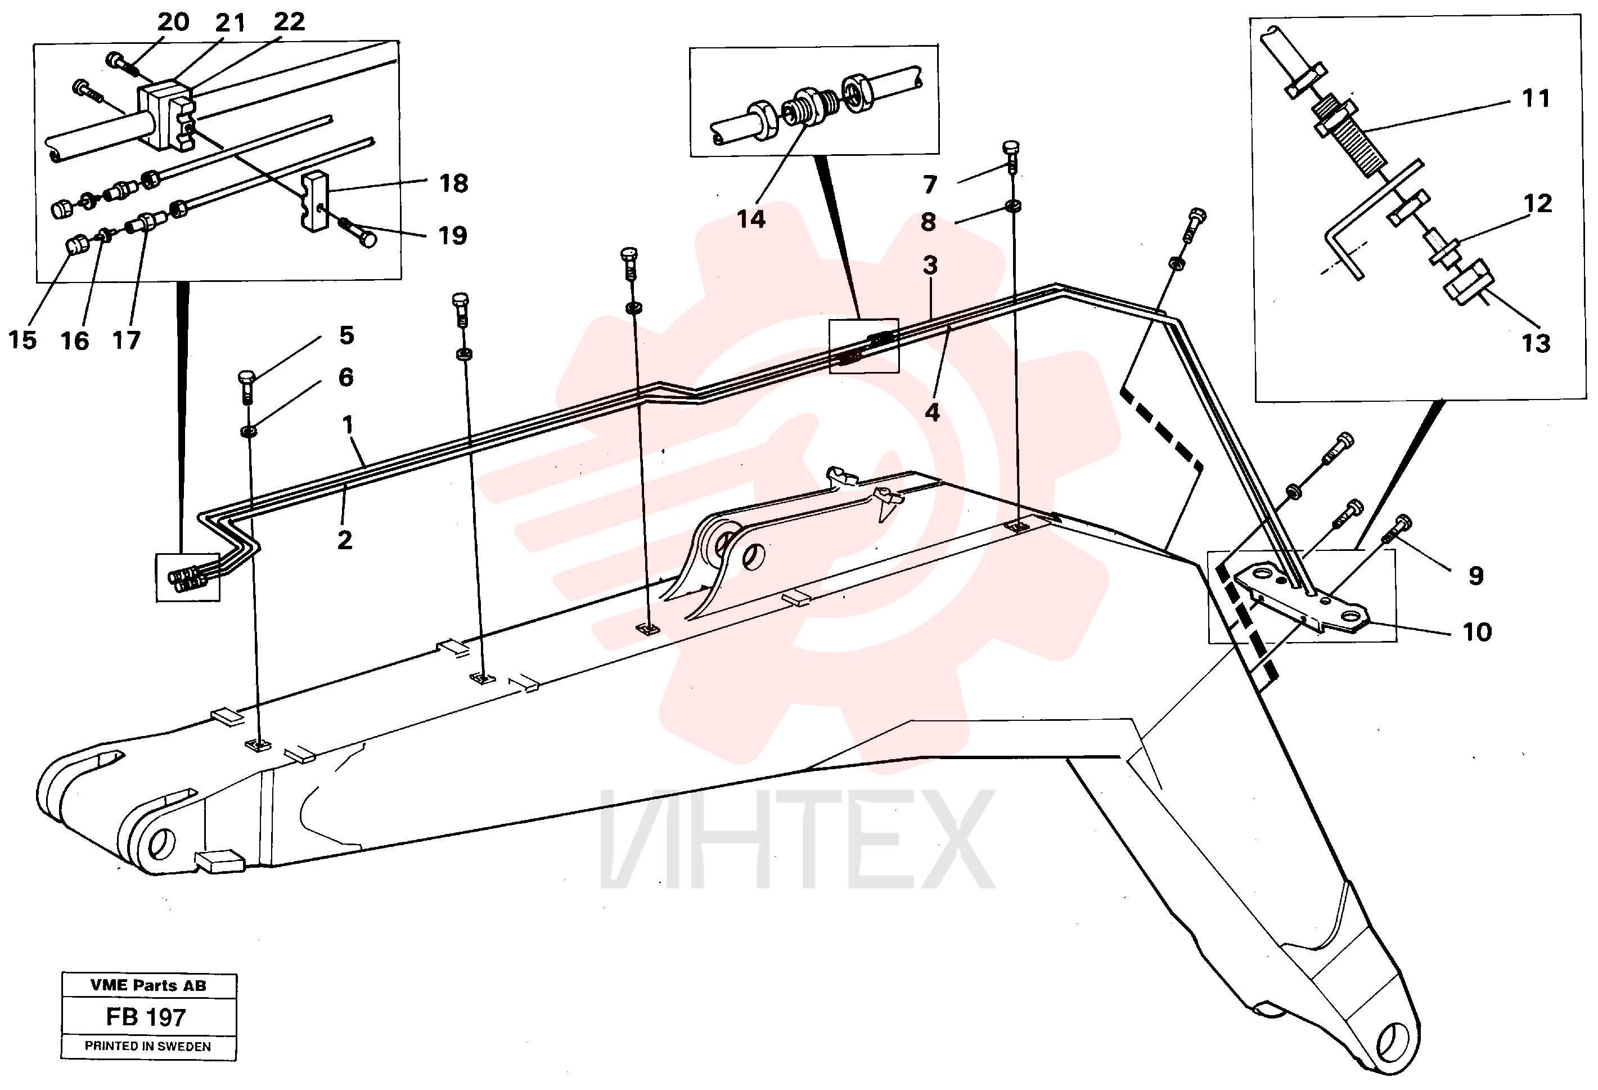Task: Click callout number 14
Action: [x=751, y=219]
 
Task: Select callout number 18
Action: [x=454, y=183]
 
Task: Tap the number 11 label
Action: [x=1536, y=98]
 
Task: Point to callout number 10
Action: [x=1477, y=632]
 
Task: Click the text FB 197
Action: [x=146, y=1017]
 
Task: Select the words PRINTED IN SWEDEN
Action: [x=148, y=1047]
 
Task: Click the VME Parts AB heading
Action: [x=148, y=985]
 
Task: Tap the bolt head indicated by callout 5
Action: [x=247, y=377]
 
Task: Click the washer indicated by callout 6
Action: [x=248, y=431]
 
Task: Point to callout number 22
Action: [x=289, y=22]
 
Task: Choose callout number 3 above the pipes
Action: [x=930, y=266]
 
